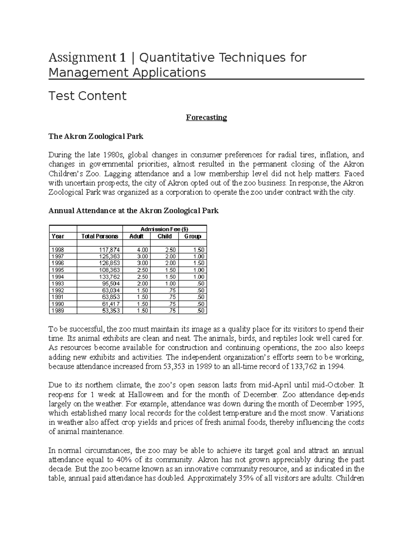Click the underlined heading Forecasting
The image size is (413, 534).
[x=206, y=118]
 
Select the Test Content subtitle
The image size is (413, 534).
[x=87, y=96]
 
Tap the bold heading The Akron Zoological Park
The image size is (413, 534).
[x=96, y=137]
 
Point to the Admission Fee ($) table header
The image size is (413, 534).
[x=165, y=229]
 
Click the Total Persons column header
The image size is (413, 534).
[x=99, y=236]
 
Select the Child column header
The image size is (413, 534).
[x=165, y=236]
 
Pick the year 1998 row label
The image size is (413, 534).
[x=57, y=250]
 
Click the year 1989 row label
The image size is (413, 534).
[x=57, y=311]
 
